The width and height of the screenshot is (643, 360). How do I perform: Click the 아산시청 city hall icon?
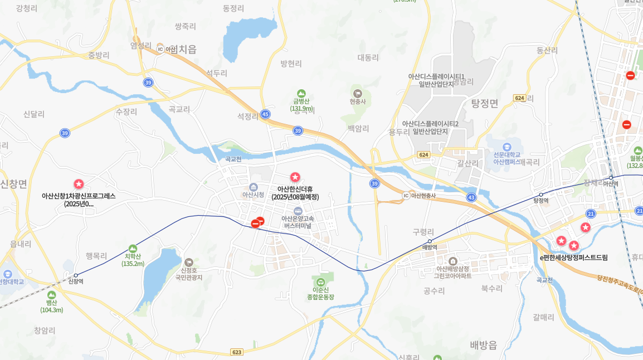click(254, 187)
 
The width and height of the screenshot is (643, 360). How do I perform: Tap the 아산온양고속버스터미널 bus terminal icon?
click(298, 211)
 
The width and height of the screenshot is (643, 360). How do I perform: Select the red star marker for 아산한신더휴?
click(295, 177)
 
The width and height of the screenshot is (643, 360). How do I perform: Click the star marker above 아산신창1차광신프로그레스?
click(79, 184)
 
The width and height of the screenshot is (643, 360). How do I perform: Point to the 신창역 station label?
click(76, 281)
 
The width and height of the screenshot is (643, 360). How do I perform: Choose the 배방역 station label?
click(430, 247)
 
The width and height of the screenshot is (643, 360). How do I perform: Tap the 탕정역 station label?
click(541, 201)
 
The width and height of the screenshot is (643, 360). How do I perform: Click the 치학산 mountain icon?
click(133, 249)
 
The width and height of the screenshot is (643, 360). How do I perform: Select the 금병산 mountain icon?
click(301, 93)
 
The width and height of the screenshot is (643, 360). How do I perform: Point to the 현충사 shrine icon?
click(357, 93)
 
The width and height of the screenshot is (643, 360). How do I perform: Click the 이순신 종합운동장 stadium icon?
click(321, 281)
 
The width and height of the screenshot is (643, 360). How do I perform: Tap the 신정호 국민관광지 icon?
click(189, 261)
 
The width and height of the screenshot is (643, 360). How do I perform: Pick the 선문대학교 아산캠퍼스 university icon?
click(506, 147)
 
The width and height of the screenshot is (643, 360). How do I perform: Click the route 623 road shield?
click(237, 352)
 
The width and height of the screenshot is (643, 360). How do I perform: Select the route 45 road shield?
click(265, 114)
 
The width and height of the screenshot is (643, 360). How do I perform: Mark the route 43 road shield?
click(471, 197)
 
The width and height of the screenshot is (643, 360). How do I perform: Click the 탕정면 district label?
click(484, 103)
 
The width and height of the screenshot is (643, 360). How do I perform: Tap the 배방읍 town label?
click(483, 345)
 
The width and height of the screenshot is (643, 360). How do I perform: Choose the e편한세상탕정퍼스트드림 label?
click(573, 257)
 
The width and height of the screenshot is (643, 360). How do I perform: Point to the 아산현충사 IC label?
click(423, 195)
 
